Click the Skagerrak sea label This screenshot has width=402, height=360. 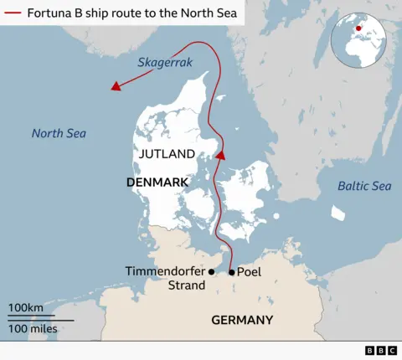(166, 63)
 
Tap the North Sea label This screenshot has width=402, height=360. (59, 133)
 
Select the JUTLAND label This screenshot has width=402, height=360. (167, 154)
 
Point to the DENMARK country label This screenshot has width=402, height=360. (157, 182)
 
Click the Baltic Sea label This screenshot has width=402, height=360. (364, 186)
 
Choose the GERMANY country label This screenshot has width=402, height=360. (242, 320)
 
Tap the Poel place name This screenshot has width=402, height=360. (250, 272)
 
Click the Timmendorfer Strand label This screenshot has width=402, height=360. (164, 279)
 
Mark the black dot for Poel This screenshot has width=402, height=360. (232, 272)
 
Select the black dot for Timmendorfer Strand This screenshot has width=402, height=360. (212, 272)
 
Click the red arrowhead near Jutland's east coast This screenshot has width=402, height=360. (221, 155)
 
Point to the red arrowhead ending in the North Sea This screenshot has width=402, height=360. (116, 85)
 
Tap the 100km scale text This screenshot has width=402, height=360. (26, 309)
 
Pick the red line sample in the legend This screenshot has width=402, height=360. (13, 13)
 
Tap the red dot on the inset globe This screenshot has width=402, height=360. (358, 29)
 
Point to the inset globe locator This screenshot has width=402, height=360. (363, 41)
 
